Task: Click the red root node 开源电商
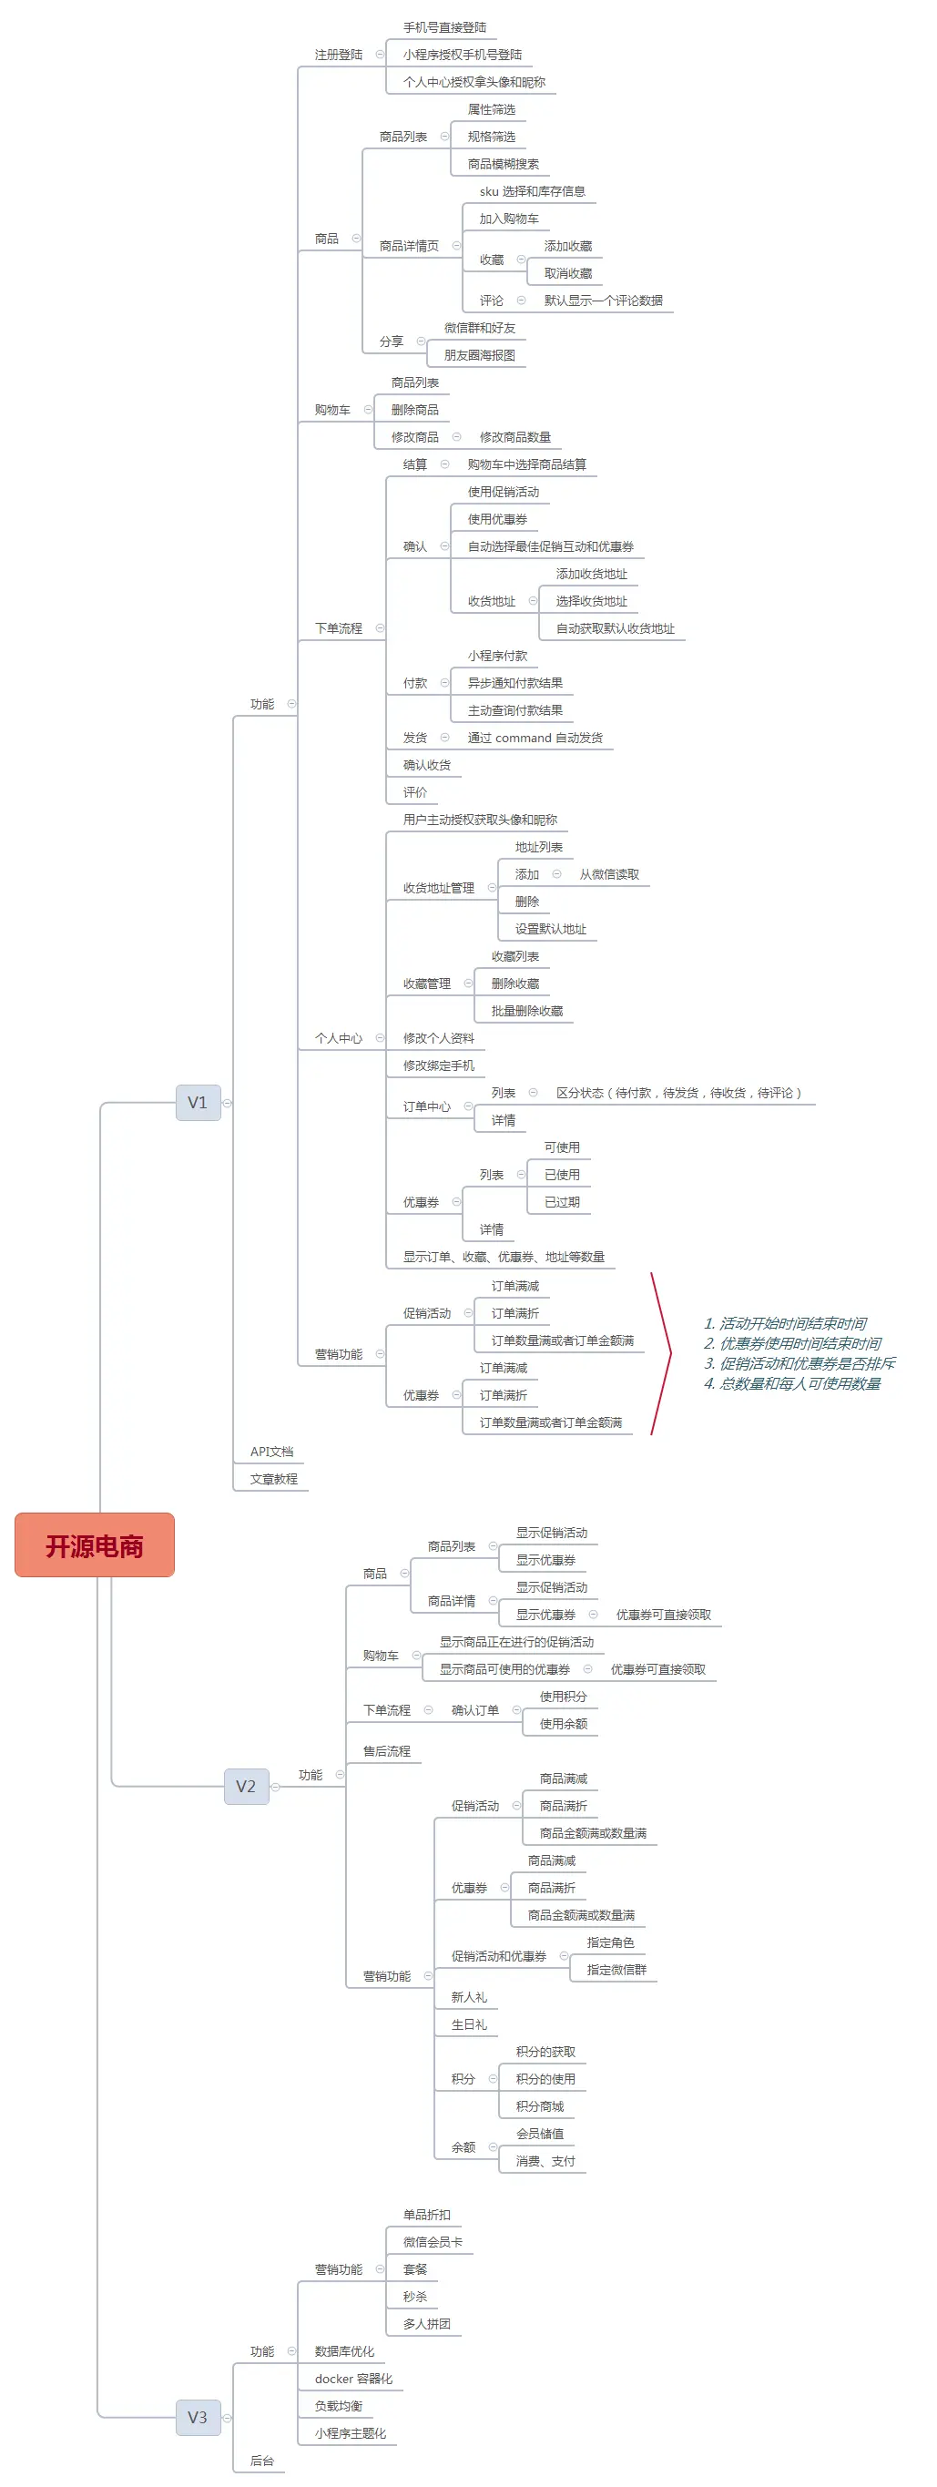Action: (95, 1545)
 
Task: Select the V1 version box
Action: (198, 1103)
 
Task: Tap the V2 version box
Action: (246, 1786)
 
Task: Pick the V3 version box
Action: (198, 2418)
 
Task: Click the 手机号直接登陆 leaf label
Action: (445, 27)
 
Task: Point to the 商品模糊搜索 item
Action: (503, 164)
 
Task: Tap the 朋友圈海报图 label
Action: (480, 355)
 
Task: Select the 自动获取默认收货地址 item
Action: (615, 628)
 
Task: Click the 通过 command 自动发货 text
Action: (535, 738)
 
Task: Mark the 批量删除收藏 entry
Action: (527, 1011)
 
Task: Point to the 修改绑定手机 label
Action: (438, 1065)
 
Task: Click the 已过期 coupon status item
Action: (562, 1202)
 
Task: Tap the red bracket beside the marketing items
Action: (662, 1353)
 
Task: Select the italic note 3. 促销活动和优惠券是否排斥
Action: (799, 1363)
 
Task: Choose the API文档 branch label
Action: (271, 1452)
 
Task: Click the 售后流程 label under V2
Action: (386, 1751)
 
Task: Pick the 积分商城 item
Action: (539, 2106)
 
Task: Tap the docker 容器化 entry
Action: (353, 2379)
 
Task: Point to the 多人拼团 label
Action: (426, 2324)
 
